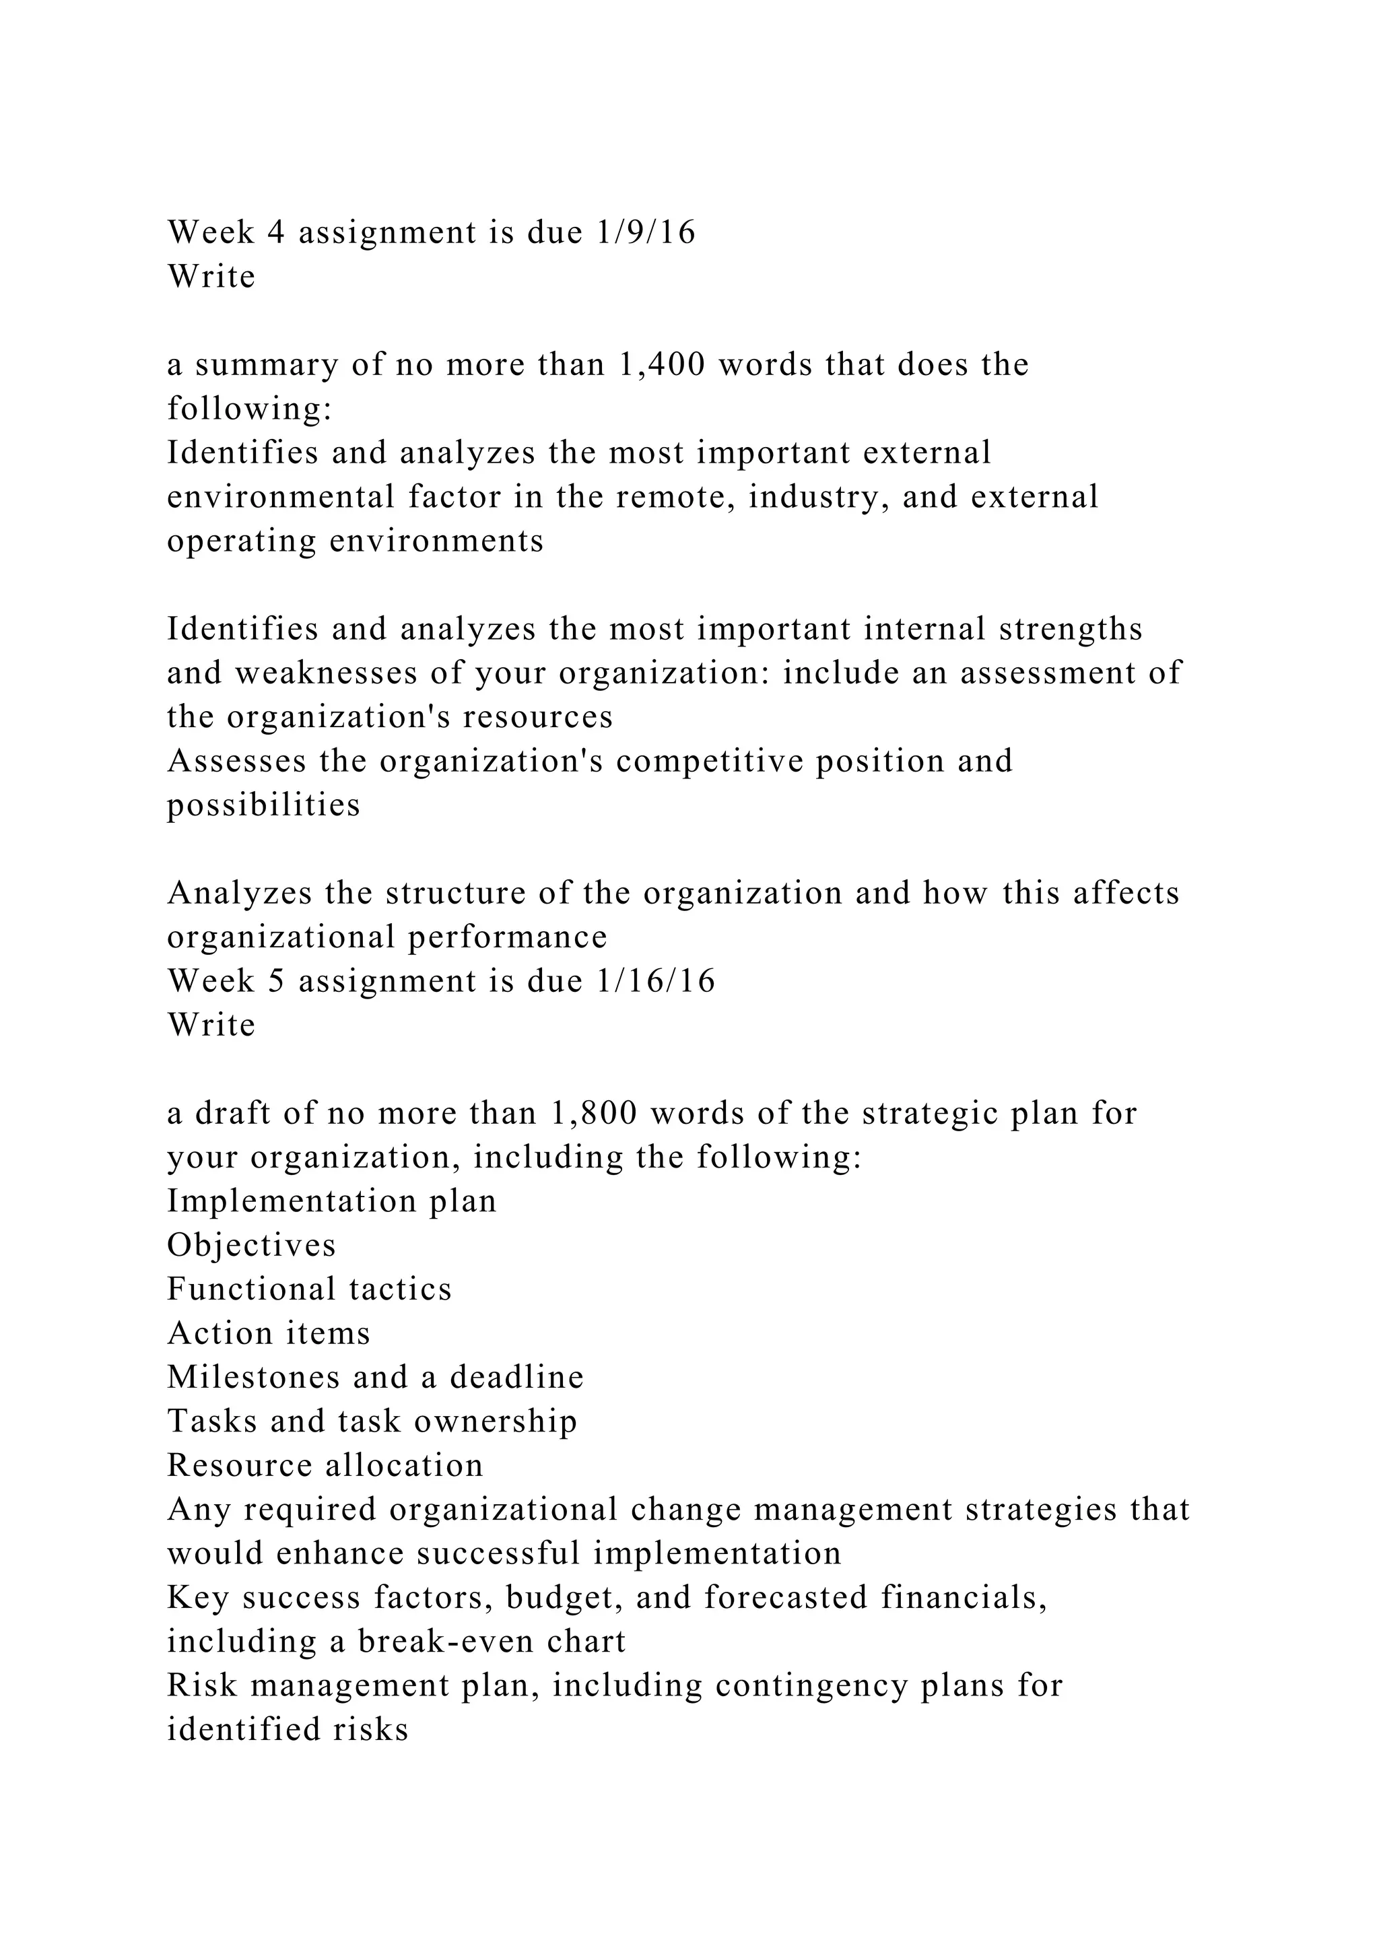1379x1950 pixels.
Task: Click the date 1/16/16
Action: pyautogui.click(x=656, y=981)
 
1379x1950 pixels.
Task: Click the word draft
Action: pyautogui.click(x=232, y=1114)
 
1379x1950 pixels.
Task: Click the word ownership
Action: pyautogui.click(x=495, y=1421)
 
